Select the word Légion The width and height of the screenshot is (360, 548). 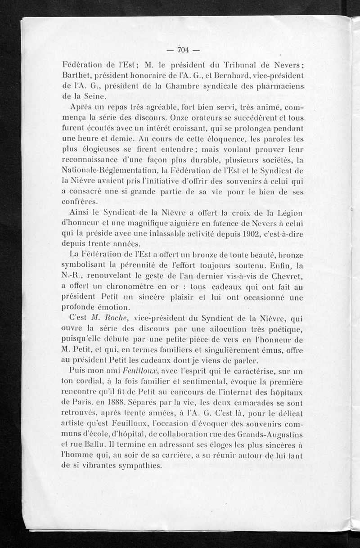(287, 213)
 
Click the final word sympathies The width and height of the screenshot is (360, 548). (139, 465)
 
